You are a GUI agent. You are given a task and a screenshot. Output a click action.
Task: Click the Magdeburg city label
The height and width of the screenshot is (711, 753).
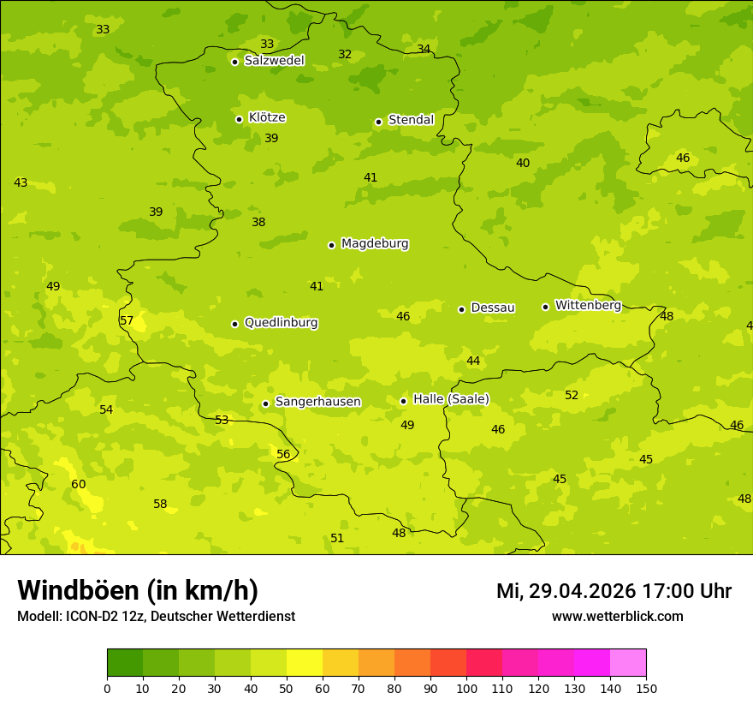pos(375,244)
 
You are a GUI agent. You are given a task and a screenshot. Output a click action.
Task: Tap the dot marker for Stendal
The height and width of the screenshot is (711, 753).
pos(378,122)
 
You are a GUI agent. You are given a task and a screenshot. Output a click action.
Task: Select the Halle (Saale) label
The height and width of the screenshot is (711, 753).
pos(451,399)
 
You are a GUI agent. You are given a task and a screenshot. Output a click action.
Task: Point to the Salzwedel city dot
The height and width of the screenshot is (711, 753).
pos(234,62)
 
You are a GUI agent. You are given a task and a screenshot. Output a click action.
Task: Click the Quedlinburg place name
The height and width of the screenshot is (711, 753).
pos(281,323)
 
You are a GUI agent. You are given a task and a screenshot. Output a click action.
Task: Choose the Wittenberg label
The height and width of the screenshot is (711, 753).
pos(588,306)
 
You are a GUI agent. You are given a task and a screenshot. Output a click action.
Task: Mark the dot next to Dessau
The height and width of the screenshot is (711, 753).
pos(461,309)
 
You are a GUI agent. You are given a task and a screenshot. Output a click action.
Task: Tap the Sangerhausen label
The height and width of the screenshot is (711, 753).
pos(317,402)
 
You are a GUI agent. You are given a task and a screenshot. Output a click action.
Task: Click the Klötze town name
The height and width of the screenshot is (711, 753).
pos(267,118)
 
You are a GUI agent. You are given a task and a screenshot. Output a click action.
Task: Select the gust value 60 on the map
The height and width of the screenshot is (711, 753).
pos(79,485)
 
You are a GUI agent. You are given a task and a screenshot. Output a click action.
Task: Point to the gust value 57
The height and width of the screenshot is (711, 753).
pos(127,321)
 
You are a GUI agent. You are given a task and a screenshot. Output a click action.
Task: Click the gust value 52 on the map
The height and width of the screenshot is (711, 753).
pos(572,396)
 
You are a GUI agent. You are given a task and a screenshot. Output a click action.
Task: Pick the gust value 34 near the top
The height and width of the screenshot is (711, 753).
pos(424,49)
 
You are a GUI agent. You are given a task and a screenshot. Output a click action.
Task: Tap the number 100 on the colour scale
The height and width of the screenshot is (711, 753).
pos(466,688)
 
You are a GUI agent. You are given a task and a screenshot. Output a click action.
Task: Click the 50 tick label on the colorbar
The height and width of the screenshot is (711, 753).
pos(287,688)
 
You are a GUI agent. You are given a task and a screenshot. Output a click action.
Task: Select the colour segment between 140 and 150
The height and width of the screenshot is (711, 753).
pos(628,663)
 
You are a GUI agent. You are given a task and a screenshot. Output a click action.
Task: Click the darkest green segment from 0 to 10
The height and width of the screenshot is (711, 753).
pos(125,663)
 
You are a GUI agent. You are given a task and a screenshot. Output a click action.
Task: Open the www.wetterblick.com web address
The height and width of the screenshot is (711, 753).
pos(617,617)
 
